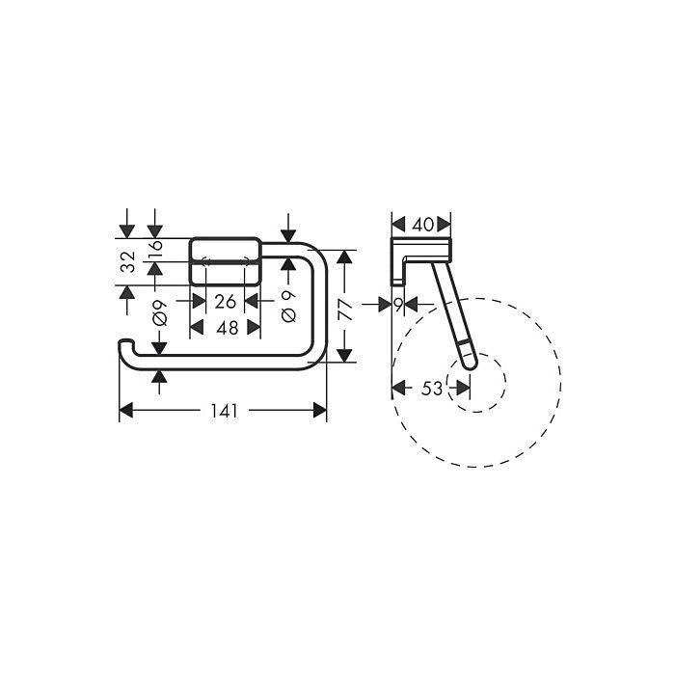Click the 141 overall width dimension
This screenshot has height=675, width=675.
pos(224,411)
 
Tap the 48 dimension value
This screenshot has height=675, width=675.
pos(228,329)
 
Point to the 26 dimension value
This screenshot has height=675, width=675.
pos(225,302)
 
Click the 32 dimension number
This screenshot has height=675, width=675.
pos(128,261)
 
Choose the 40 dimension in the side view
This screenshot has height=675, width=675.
pos(422,225)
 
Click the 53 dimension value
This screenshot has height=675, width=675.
pos(432,389)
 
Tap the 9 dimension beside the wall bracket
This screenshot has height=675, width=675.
pos(398,305)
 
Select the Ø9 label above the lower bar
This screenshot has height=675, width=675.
pos(159,313)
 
